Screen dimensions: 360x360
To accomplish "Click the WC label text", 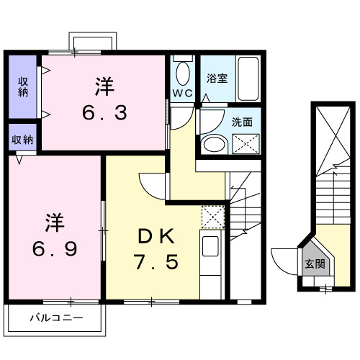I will [x=181, y=92].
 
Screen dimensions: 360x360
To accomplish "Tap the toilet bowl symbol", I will [x=181, y=73].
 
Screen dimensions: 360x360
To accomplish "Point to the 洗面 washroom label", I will [x=241, y=122].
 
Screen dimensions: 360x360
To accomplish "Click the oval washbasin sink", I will [x=213, y=144].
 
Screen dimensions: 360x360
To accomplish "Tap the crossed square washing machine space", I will [x=243, y=144].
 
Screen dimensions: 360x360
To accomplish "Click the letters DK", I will [x=154, y=235].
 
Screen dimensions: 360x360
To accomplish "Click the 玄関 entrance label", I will [x=314, y=264].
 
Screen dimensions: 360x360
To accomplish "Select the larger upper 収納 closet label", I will [x=23, y=86].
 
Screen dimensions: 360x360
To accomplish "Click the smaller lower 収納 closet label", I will [x=23, y=139].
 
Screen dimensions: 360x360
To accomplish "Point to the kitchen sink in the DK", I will [x=211, y=246].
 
